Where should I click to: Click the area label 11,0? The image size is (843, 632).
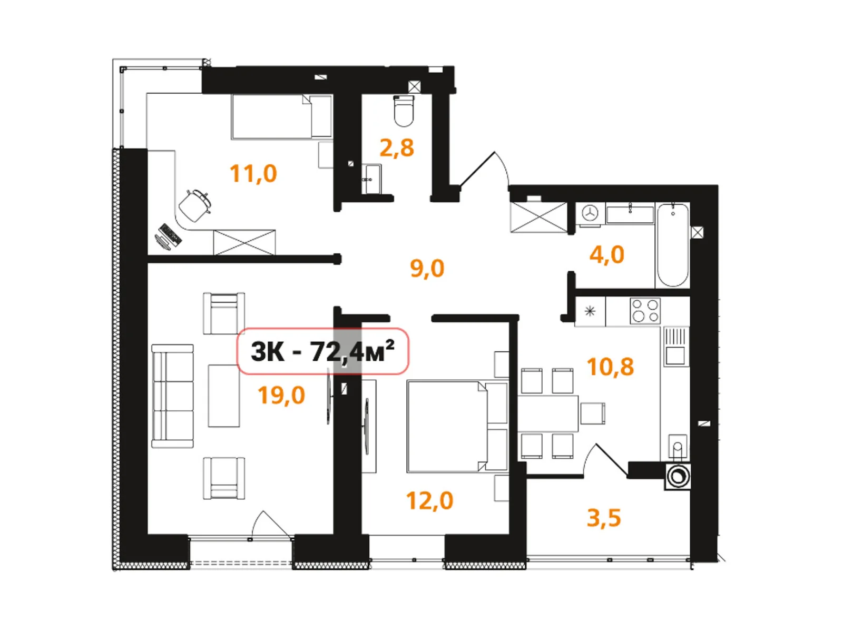coord(253,174)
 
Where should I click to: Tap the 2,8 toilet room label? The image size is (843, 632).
coord(397,148)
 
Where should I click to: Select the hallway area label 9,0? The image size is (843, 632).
coord(427,269)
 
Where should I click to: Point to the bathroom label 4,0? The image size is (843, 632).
coord(606,255)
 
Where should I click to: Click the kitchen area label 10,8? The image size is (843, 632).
coord(610,367)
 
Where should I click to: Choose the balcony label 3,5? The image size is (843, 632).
coord(604,518)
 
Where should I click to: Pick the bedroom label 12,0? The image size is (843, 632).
coord(429,501)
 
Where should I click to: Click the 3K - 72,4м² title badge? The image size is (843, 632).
coord(322,351)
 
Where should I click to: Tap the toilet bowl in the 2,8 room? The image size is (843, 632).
coord(404,111)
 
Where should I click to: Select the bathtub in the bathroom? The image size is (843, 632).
coord(673,245)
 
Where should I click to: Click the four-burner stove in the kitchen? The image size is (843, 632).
coord(645,311)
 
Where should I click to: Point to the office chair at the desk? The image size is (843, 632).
coord(195,205)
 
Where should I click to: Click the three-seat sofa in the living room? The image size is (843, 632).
coord(172,396)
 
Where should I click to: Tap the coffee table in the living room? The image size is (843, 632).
coord(224,396)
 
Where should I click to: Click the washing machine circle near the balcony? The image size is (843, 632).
coord(677,477)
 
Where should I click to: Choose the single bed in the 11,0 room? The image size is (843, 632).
coord(281,117)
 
